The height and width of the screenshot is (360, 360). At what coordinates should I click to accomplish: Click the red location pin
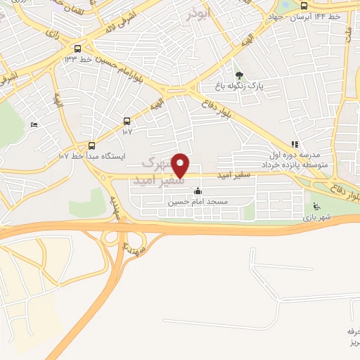point(181,165)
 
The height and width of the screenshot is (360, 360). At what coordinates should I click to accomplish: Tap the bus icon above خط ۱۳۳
point(77,49)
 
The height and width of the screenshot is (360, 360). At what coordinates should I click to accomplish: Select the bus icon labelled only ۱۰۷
point(127,121)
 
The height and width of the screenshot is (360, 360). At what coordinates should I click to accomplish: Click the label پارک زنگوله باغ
point(238,86)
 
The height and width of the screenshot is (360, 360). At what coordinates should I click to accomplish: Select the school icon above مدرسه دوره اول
point(294,143)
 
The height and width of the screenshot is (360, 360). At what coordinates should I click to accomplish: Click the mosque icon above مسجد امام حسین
point(198,191)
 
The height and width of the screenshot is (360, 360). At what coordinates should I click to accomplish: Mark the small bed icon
point(34,124)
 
